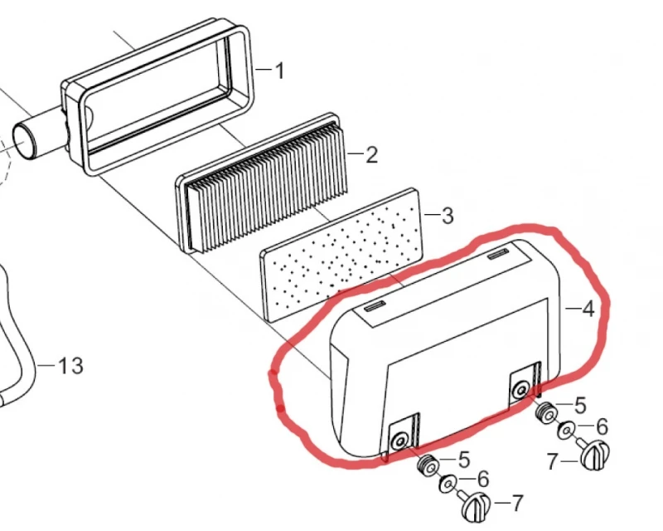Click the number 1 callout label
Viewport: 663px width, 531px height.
click(x=278, y=71)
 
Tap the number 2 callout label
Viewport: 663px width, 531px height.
click(x=370, y=154)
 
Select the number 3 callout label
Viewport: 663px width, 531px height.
click(x=447, y=217)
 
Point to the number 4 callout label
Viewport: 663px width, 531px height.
click(x=588, y=309)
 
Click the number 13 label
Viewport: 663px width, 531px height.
click(x=71, y=365)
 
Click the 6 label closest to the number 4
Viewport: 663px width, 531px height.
click(x=602, y=426)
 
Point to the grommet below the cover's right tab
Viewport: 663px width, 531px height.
click(x=546, y=412)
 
